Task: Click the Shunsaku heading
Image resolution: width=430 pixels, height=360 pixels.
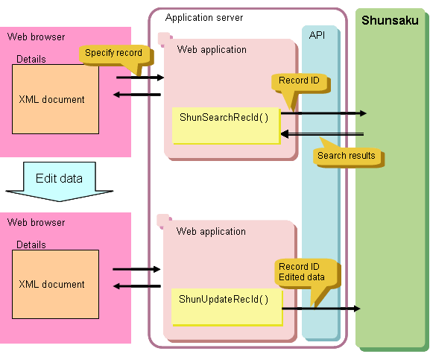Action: coord(390,20)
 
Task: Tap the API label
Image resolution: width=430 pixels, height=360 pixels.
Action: coord(317,35)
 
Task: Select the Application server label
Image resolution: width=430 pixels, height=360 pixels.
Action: coord(204,18)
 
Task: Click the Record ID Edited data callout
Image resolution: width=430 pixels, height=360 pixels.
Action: coord(306,274)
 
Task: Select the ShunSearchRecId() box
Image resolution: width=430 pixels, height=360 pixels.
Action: coord(226,125)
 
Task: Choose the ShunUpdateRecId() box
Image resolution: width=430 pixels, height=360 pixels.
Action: coord(227,306)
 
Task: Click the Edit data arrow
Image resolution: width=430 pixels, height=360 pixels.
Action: coord(59,182)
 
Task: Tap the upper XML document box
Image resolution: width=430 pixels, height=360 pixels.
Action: coord(55,99)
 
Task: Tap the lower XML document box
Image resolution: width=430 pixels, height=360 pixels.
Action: coord(55,284)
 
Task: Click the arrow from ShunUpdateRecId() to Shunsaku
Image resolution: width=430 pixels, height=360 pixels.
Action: coord(321,309)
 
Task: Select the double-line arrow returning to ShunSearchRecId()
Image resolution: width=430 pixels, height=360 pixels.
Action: coord(322,134)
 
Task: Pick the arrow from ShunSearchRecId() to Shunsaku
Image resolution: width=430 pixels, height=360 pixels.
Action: coord(323,113)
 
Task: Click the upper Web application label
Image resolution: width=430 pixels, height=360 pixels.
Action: coord(212,50)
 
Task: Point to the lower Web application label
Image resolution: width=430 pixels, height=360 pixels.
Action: coord(211,231)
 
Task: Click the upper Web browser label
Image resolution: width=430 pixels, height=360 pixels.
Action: coord(36,37)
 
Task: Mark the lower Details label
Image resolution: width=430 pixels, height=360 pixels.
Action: coord(31,244)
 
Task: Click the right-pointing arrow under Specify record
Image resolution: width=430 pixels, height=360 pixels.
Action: coord(140,78)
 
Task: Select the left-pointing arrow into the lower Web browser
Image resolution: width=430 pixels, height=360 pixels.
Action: coord(137,286)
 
